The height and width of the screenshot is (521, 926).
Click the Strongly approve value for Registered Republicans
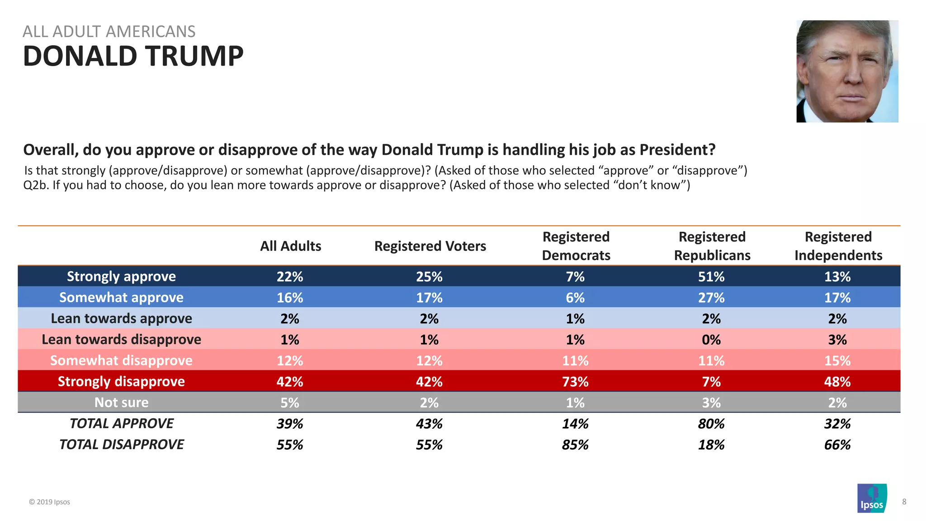711,276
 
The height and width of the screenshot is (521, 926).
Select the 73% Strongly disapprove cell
575,382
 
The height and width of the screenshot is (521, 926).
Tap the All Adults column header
290,246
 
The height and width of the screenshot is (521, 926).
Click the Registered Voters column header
430,246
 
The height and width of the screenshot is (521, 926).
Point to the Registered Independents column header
838,246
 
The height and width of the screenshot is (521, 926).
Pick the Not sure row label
121,403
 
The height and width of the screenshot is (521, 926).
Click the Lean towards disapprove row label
121,340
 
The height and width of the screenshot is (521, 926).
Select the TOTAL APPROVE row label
121,424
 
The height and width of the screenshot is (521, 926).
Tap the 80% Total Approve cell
711,424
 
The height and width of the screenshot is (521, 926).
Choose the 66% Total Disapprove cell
837,445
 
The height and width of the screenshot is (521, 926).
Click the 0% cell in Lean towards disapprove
711,340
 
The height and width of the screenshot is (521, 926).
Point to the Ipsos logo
872,498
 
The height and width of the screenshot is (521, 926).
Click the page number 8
904,502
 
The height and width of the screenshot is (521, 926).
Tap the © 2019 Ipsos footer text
49,502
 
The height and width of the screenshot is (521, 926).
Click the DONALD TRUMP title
133,56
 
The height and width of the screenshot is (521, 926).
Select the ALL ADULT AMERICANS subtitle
109,32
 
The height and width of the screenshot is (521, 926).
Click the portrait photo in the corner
847,71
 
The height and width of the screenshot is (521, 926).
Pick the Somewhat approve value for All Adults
290,298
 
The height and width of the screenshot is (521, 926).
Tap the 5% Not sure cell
290,403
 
